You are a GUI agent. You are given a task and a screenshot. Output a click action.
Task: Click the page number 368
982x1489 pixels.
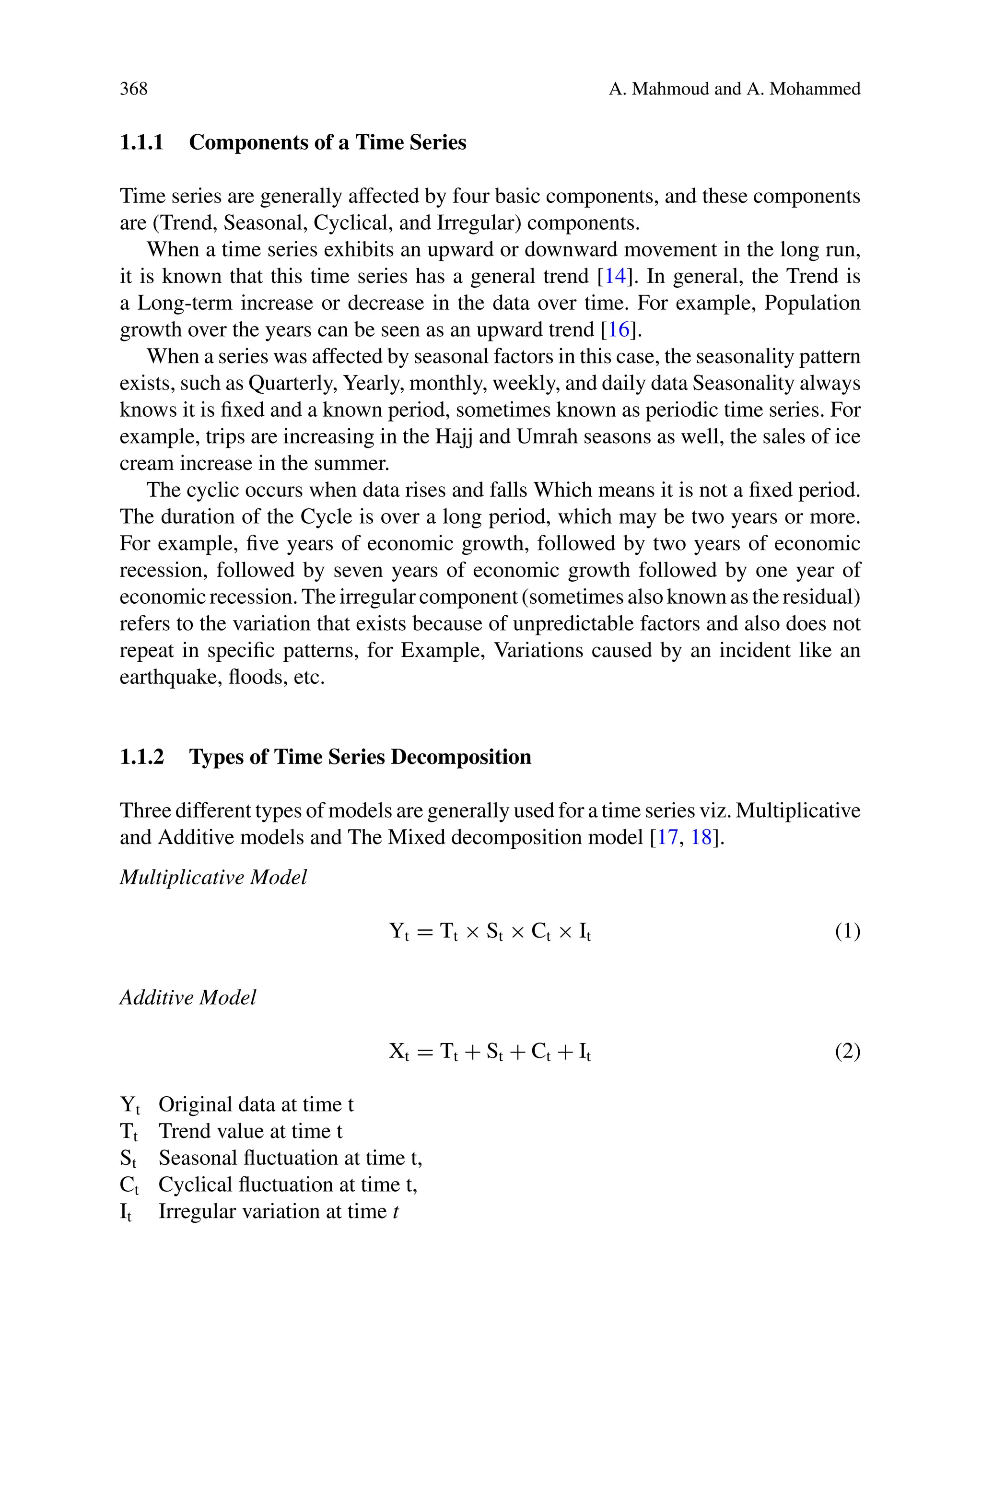133,89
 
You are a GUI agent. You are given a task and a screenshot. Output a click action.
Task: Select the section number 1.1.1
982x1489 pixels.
141,143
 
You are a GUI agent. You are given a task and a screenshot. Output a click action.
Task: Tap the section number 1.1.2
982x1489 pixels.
141,757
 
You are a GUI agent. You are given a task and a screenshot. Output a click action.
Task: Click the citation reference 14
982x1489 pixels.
614,276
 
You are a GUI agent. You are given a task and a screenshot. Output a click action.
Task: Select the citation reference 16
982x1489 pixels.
618,329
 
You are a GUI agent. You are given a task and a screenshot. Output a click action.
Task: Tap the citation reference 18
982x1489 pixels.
701,837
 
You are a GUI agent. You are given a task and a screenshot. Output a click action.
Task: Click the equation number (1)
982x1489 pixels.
847,932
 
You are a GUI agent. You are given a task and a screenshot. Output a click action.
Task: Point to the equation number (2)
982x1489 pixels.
847,1051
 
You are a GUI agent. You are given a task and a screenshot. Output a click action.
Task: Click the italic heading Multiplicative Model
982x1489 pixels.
213,877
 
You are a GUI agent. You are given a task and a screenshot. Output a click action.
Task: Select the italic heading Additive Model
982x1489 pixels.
188,997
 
